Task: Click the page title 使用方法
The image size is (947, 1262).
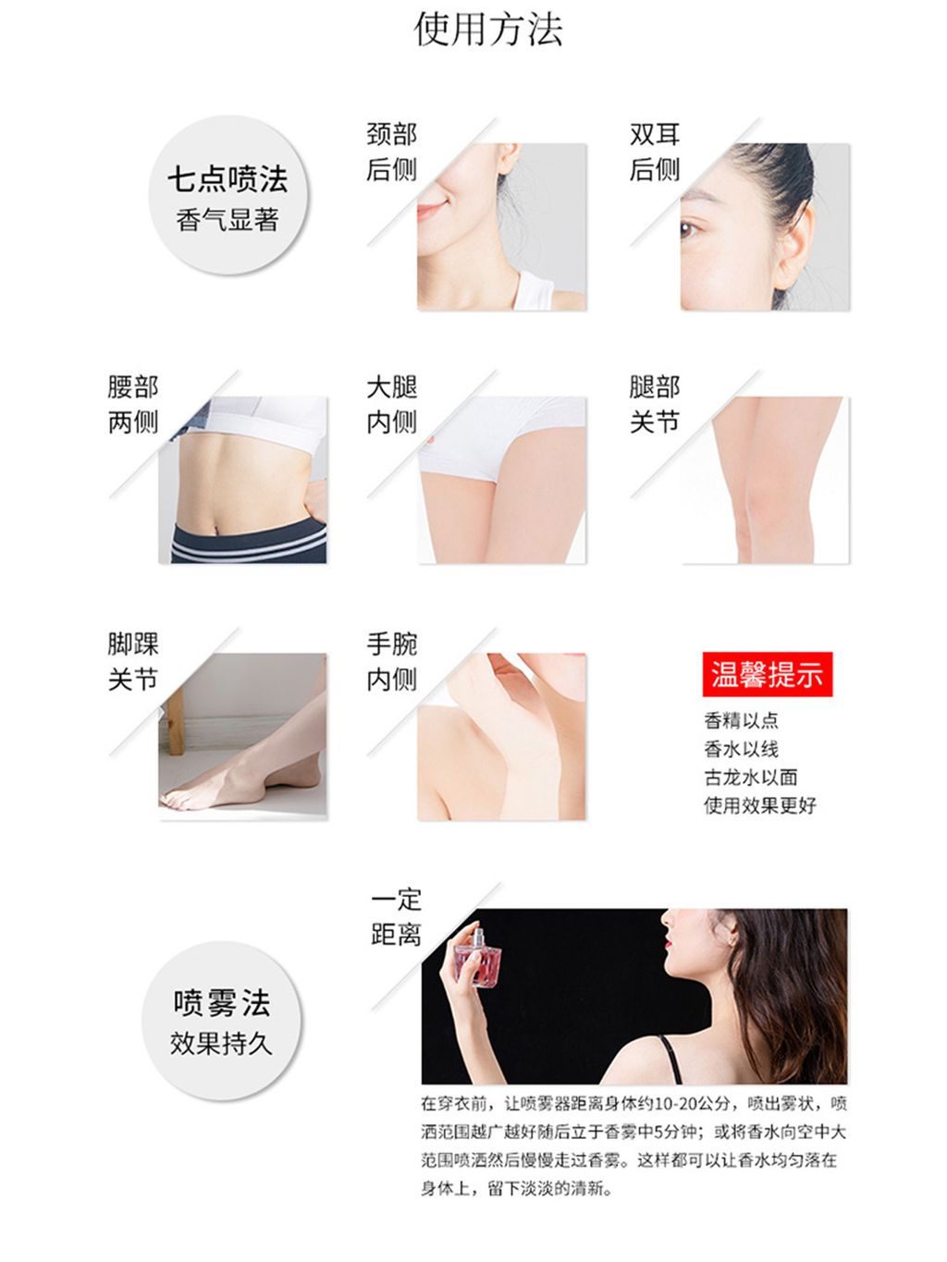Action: (487, 30)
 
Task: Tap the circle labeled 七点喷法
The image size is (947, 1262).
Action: (228, 195)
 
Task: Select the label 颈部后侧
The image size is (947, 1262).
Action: (391, 153)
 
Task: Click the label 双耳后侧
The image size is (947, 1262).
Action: (655, 153)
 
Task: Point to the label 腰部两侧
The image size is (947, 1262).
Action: (133, 404)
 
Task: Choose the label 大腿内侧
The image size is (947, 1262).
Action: (391, 404)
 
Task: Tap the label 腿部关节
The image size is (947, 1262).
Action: (655, 404)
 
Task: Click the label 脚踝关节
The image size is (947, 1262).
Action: (133, 661)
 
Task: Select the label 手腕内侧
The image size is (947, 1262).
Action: (391, 661)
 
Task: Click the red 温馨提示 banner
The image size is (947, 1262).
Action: (767, 674)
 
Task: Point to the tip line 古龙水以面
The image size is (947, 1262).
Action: (750, 778)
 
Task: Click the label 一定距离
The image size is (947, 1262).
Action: (396, 918)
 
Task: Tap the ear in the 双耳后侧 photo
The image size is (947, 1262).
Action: (795, 240)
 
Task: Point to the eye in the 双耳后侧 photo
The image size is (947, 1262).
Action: (689, 229)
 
